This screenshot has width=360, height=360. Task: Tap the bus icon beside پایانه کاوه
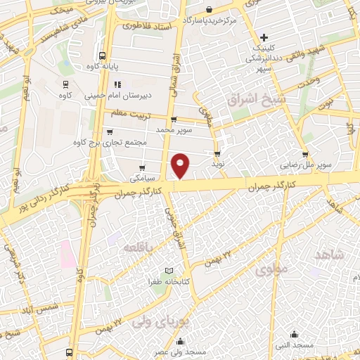coord(103,56)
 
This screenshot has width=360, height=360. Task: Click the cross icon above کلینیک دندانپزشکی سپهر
coord(264,37)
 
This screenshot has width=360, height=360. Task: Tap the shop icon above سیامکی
coord(142,168)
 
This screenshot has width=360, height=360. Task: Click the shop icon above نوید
coord(217,153)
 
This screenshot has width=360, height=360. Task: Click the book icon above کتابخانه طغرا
coord(168,271)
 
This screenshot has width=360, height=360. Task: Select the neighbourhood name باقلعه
coord(138,247)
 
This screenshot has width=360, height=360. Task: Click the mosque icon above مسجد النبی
coord(294,335)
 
